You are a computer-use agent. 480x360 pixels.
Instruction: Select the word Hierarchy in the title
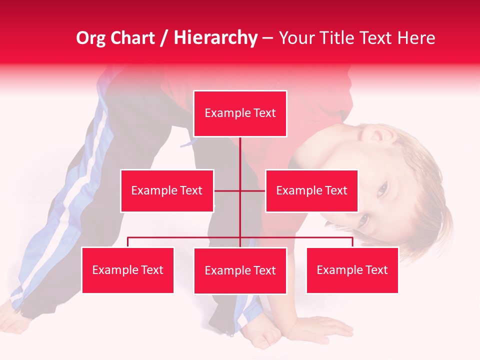(215, 38)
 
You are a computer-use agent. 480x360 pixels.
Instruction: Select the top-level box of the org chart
(240, 113)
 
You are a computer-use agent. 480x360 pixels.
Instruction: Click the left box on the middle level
(166, 190)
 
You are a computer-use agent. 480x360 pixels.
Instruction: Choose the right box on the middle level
(311, 190)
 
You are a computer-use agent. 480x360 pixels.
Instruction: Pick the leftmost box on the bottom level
(127, 270)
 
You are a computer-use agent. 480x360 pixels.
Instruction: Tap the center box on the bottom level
(240, 270)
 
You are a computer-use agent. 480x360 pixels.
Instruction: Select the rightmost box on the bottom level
(352, 270)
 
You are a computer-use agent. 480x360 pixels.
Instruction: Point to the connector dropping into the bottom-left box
(128, 242)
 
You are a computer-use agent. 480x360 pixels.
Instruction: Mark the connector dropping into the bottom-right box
(352, 242)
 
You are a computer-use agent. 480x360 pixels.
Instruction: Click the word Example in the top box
(222, 113)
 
